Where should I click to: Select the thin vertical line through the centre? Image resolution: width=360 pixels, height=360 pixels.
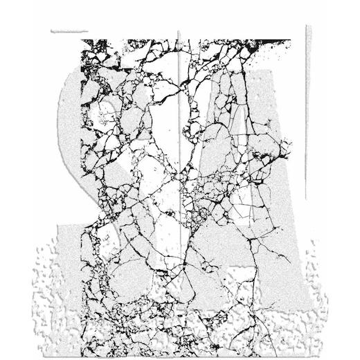coord(179,138)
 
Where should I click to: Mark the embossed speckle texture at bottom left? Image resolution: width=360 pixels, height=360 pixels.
coord(62,291)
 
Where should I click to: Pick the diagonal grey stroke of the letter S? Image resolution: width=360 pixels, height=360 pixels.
coord(138,173)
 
